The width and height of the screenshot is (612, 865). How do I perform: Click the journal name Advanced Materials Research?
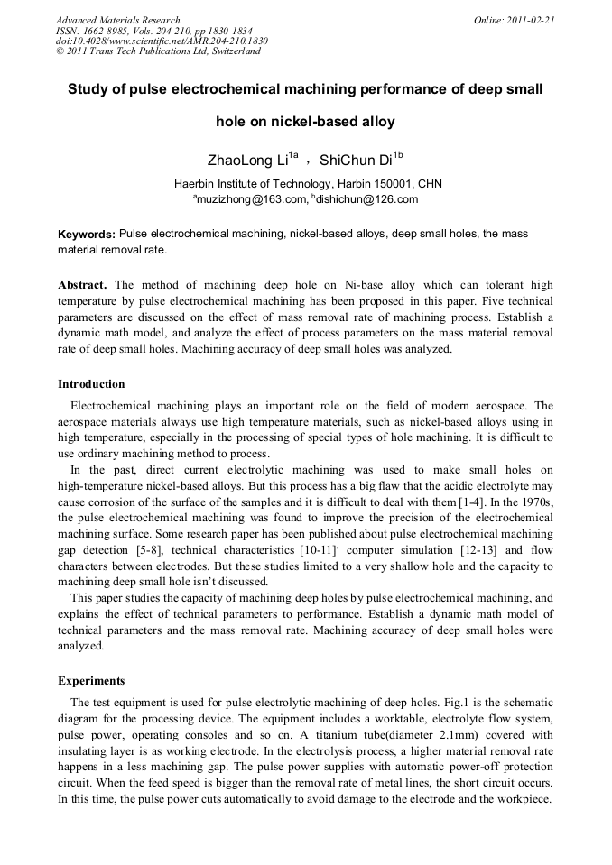[x=117, y=20]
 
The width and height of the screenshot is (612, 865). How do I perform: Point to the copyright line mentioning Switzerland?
[x=158, y=51]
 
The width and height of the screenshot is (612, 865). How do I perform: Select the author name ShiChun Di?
[x=356, y=161]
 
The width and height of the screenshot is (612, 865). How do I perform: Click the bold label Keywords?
[x=87, y=235]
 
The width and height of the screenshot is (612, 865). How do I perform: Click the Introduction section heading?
[x=91, y=384]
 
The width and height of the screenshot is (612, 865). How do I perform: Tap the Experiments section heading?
[x=91, y=680]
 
